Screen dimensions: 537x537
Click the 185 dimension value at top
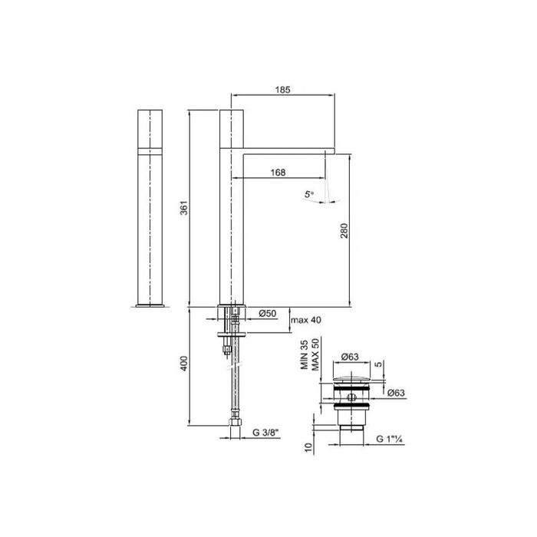coord(282,90)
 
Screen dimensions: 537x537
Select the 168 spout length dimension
coord(278,173)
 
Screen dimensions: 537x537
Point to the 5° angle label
coord(308,196)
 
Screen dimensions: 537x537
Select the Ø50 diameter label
coord(268,313)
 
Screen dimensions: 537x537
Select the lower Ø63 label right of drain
coord(397,393)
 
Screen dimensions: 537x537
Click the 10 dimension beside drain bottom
coord(308,447)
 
